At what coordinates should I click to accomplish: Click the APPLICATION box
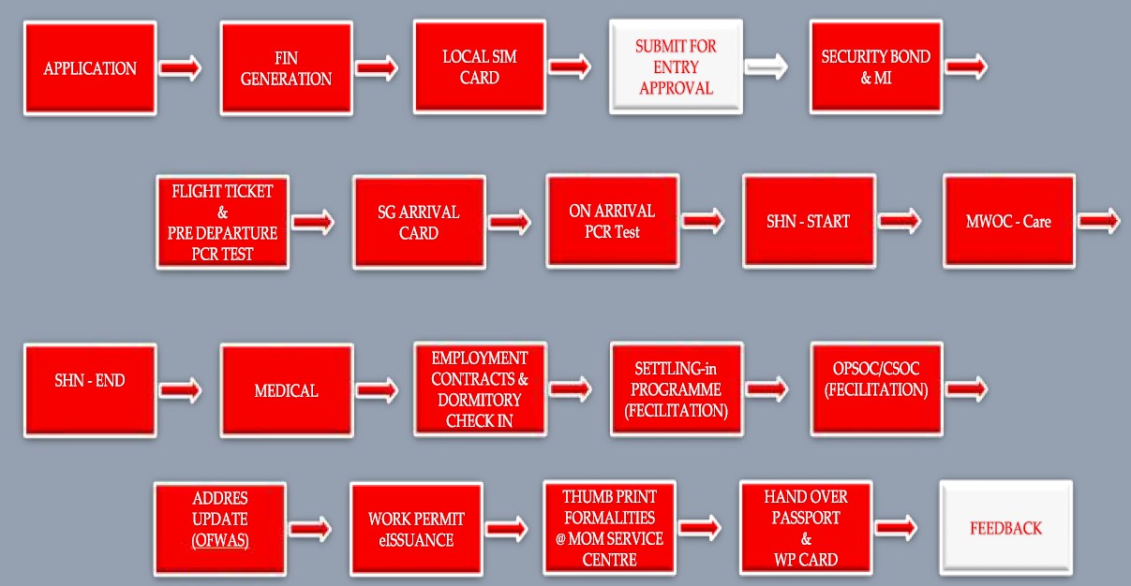pos(90,68)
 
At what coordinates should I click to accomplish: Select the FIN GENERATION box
pos(286,68)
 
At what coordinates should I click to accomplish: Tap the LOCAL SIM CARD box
pos(480,66)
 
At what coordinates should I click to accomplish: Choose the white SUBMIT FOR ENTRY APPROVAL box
pos(676,66)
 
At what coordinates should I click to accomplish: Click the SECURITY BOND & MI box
pos(875,66)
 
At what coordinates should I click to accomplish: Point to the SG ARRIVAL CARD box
pos(419,222)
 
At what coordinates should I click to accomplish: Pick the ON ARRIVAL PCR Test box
pos(612,221)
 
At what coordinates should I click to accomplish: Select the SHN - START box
pos(809,222)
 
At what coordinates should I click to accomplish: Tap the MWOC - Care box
pos(1008,222)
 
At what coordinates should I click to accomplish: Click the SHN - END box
pos(90,389)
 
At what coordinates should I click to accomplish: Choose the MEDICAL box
pos(286,390)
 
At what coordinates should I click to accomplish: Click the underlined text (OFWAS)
pos(220,542)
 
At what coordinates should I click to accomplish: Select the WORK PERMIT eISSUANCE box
pos(416,530)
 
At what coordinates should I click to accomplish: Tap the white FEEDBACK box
pos(1005,528)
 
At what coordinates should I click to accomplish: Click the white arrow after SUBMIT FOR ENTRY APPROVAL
pos(766,66)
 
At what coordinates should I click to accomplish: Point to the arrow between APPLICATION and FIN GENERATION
pos(180,68)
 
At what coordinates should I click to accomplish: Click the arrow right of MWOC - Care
pos(1099,222)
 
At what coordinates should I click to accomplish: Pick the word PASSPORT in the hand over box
pos(805,518)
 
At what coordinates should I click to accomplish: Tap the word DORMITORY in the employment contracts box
pos(480,399)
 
